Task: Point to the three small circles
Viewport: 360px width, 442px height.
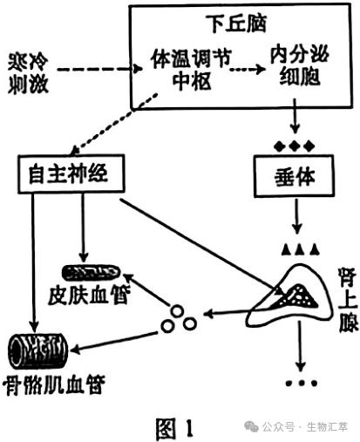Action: point(178,320)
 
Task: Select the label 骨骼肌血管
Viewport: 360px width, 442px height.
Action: point(52,384)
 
